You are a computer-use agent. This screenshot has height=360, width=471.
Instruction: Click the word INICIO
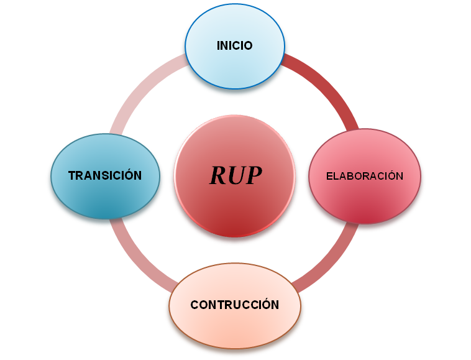pyautogui.click(x=234, y=46)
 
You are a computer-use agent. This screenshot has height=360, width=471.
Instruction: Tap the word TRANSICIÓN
pyautogui.click(x=105, y=176)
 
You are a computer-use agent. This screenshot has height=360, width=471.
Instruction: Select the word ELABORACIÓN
pyautogui.click(x=365, y=176)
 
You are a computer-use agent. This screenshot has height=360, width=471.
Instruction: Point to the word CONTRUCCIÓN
pyautogui.click(x=234, y=305)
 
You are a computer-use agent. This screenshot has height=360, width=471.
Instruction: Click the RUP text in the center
pyautogui.click(x=236, y=176)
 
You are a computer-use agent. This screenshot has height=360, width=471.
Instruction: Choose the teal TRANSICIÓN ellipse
pyautogui.click(x=105, y=199)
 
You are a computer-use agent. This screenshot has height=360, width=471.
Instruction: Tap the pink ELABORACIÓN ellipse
pyautogui.click(x=365, y=199)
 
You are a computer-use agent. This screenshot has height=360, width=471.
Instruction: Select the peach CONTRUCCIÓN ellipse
pyautogui.click(x=234, y=326)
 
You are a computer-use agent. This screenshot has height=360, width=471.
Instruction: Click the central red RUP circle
pyautogui.click(x=234, y=211)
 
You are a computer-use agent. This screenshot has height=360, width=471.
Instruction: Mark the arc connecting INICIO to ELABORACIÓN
pyautogui.click(x=323, y=87)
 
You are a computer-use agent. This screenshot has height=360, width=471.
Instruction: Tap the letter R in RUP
pyautogui.click(x=219, y=176)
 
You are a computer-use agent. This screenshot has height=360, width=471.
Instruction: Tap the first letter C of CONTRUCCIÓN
pyautogui.click(x=194, y=305)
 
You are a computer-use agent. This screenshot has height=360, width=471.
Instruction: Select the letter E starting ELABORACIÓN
pyautogui.click(x=329, y=176)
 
